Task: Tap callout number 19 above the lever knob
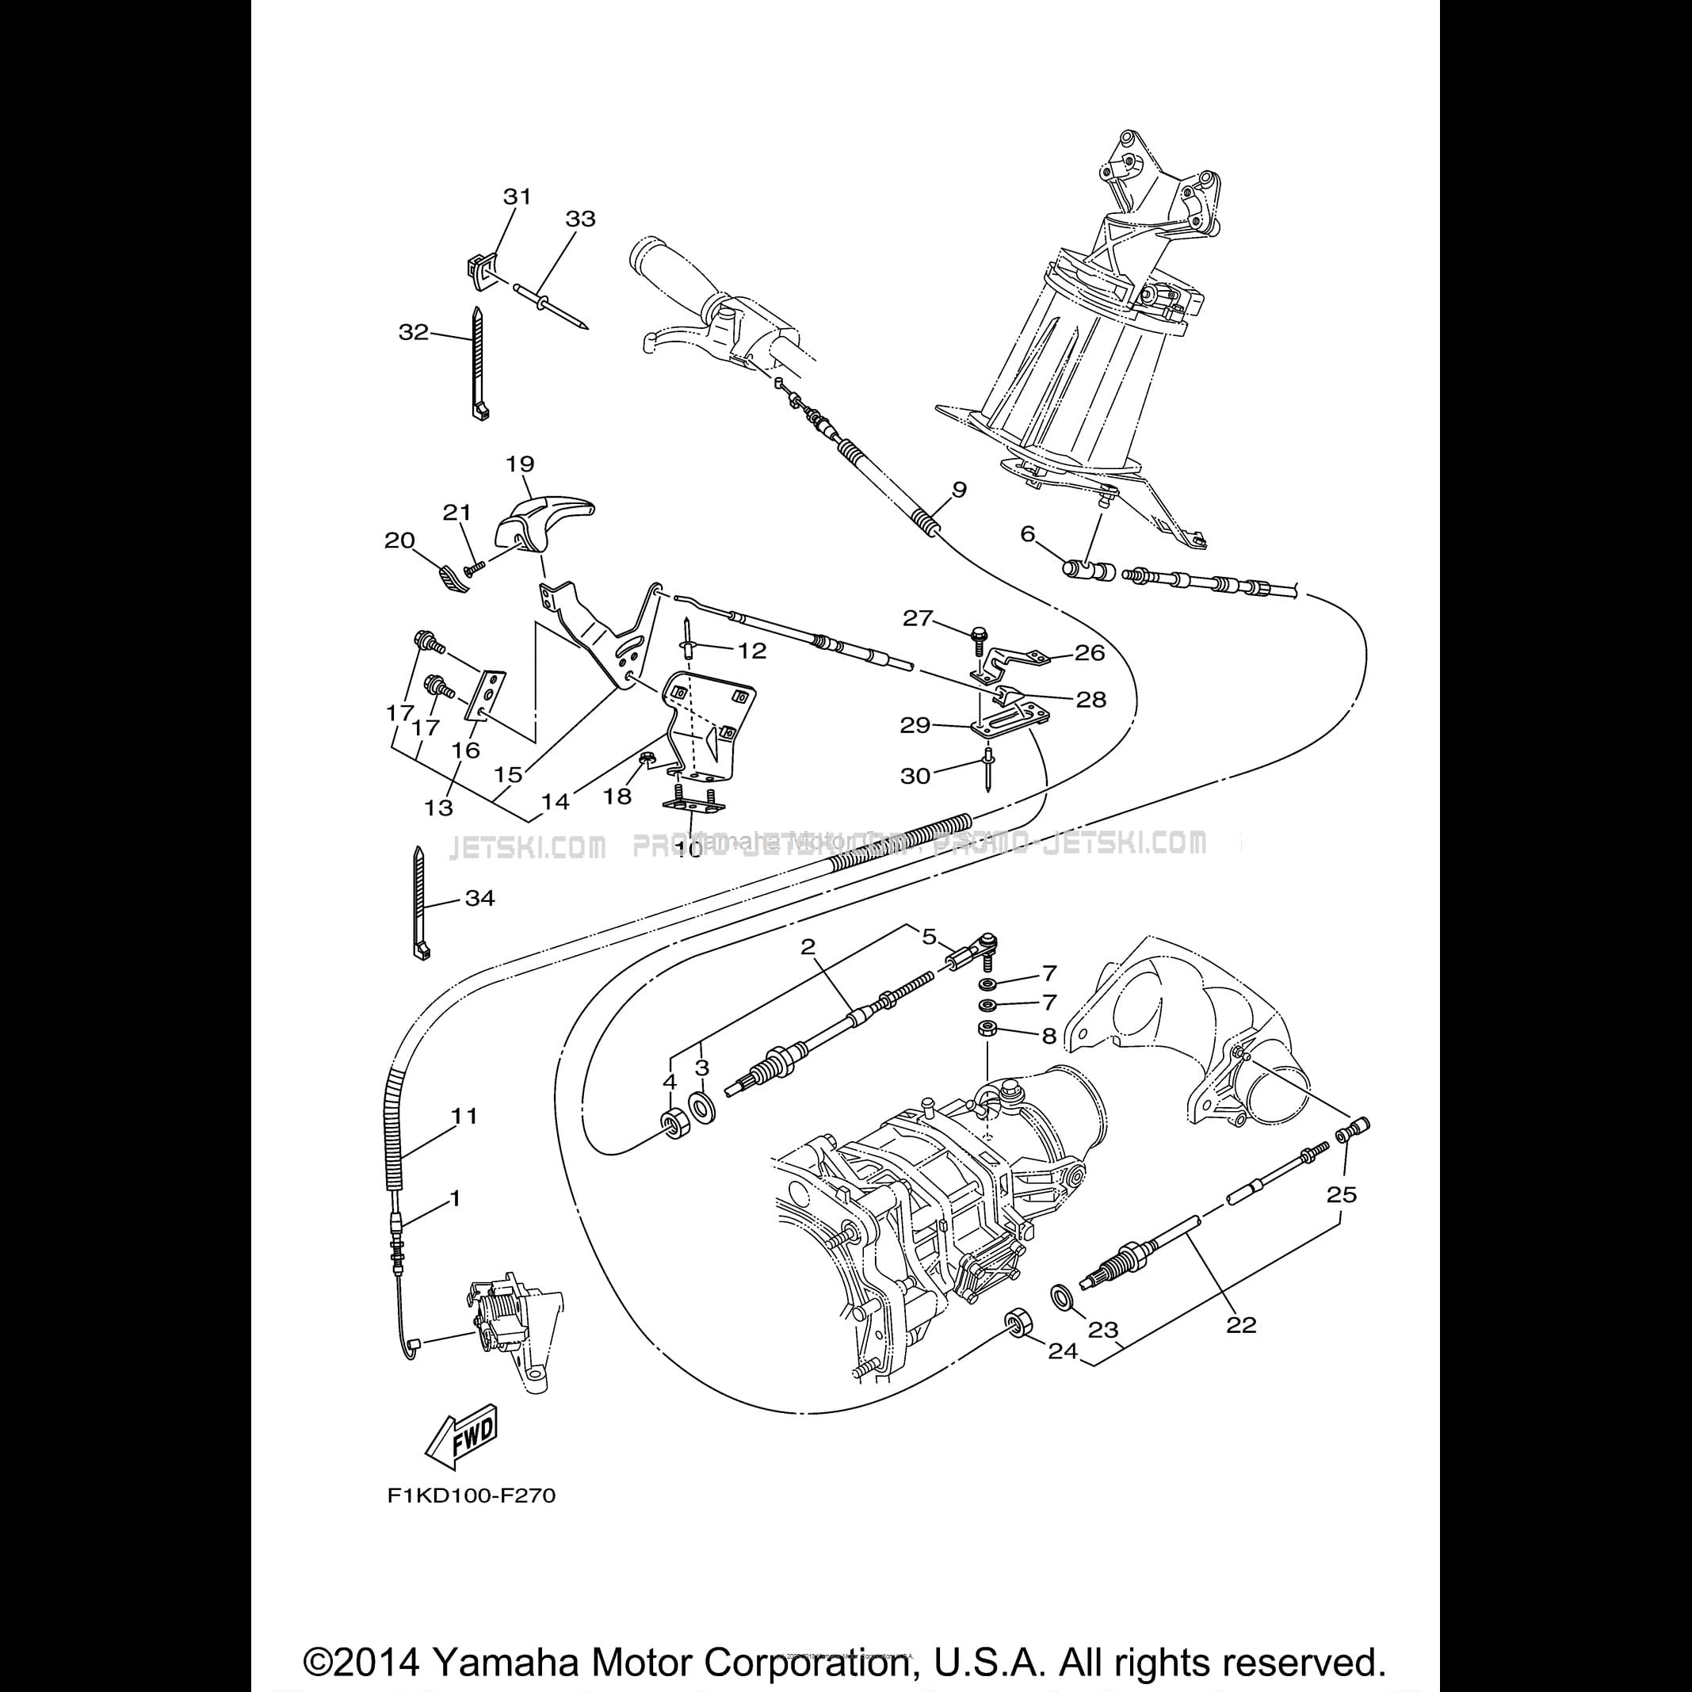[520, 464]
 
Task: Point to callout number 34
[480, 898]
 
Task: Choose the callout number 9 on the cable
[959, 490]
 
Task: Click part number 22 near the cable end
[1241, 1325]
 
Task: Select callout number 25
[1341, 1194]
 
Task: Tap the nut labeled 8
[985, 1027]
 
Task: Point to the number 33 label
[580, 218]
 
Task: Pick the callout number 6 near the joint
[1027, 533]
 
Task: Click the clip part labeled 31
[477, 266]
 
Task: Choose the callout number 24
[1062, 1351]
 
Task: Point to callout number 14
[555, 800]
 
